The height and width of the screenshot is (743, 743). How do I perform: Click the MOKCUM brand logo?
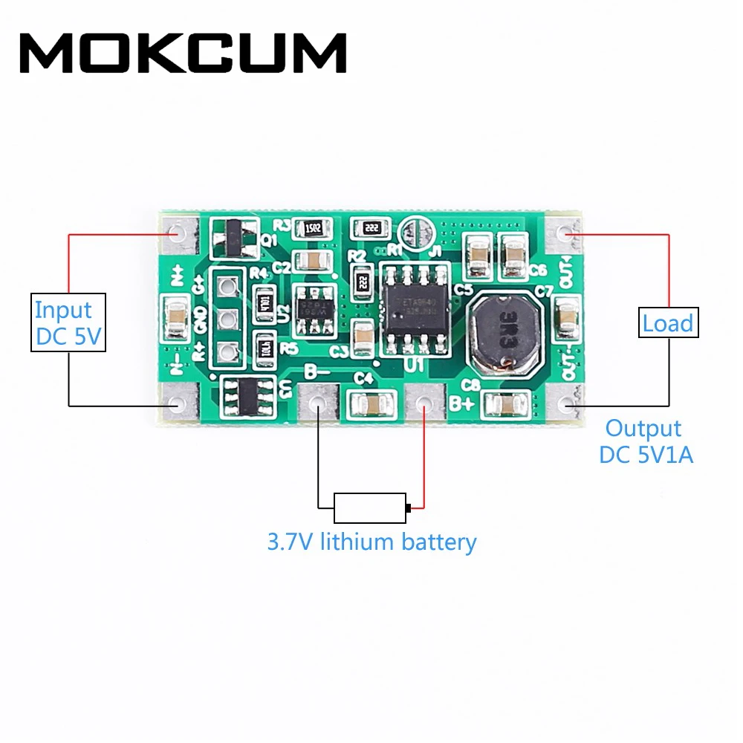click(183, 53)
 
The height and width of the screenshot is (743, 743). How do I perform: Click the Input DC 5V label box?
click(68, 322)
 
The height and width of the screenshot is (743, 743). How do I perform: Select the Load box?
click(667, 323)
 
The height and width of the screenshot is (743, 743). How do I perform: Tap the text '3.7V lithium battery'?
click(371, 542)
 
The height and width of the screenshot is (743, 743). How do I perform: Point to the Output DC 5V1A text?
click(645, 441)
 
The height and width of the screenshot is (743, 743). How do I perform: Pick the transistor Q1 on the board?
click(233, 236)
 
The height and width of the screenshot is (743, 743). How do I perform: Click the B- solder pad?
click(318, 403)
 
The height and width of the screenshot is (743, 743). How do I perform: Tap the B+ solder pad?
click(424, 403)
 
